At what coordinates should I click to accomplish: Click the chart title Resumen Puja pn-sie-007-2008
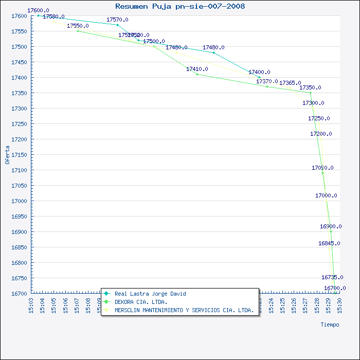coord(180,6)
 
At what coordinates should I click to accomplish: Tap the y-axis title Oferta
coord(7,154)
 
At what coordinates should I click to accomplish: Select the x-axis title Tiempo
coord(330,325)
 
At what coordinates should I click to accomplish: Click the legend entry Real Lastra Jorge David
coord(150,294)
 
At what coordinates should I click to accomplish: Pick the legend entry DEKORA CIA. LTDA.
coord(140,302)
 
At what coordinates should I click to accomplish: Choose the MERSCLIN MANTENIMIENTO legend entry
coord(184,310)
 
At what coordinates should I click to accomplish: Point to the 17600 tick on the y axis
coord(18,16)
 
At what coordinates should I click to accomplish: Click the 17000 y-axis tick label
coord(18,201)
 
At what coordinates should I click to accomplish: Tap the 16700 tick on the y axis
coord(18,294)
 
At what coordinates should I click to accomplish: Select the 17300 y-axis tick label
coord(18,109)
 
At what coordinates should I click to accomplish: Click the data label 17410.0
coord(197,69)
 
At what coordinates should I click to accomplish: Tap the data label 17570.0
coord(117,20)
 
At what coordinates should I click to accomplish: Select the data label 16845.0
coord(329,243)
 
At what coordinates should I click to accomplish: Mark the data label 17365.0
coord(290,83)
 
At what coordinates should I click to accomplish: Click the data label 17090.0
coord(322,168)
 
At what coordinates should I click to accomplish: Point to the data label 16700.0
coord(335,288)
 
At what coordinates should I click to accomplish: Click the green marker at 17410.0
coord(197,74)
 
